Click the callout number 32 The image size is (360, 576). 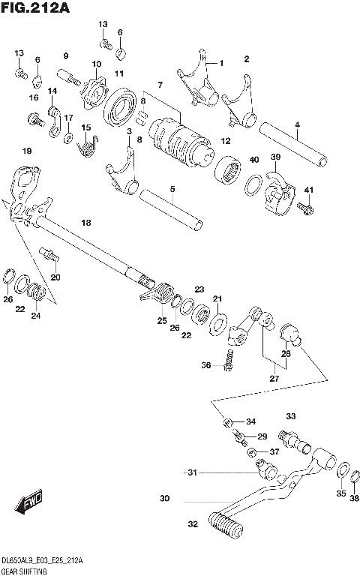[193, 523]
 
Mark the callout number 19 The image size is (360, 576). [27, 151]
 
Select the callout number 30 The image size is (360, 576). [164, 498]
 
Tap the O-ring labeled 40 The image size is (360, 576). [254, 184]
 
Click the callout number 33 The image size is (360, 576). [290, 416]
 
